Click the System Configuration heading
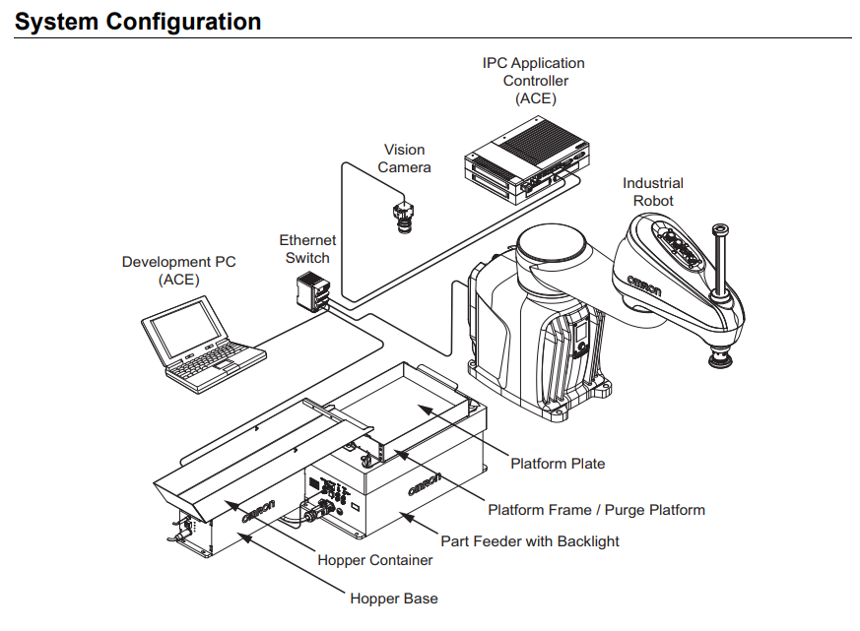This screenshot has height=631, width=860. pos(138,21)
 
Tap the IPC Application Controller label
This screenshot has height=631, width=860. pos(534,81)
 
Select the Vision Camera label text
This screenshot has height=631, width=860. pos(404,158)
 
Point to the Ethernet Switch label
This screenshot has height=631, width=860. pos(307,249)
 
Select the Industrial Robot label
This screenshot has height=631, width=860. pos(653,192)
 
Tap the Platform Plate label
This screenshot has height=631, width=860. pos(558,463)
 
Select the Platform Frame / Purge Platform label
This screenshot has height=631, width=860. pos(596,510)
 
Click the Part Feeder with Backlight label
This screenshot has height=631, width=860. pos(530,540)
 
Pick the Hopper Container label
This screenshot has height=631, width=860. pos(375,560)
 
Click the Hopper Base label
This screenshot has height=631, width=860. pos(394,599)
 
